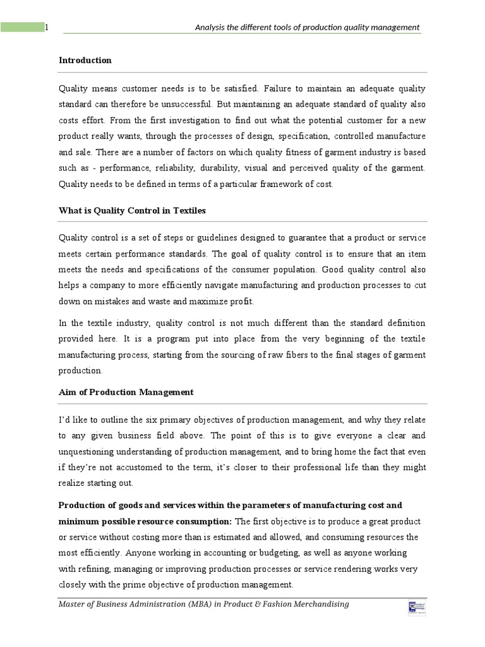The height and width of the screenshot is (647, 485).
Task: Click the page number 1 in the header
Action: [x=46, y=27]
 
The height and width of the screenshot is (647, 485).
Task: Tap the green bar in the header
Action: [x=21, y=27]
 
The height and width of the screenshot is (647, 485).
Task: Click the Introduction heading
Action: [x=85, y=60]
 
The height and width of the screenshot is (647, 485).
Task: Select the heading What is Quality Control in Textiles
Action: [x=132, y=210]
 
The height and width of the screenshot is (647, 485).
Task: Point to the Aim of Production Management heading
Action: [x=126, y=392]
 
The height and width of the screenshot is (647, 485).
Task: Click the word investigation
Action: [x=181, y=121]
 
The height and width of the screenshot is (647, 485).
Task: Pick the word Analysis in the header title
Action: [x=212, y=27]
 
